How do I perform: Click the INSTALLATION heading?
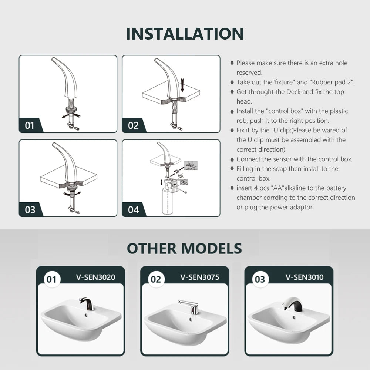(185, 34)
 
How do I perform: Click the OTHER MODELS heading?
(185, 248)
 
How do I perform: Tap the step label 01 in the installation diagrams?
(30, 125)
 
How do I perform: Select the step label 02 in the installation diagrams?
(133, 125)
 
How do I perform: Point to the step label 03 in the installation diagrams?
(30, 210)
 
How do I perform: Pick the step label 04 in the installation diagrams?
(133, 210)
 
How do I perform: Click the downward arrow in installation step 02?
(182, 85)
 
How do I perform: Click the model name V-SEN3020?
(95, 277)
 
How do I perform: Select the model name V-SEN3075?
(200, 277)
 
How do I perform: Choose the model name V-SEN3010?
(305, 277)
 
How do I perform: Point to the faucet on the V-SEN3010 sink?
(292, 304)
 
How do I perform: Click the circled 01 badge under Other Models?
(52, 279)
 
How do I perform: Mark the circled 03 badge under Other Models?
(260, 279)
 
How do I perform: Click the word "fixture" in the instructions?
(284, 82)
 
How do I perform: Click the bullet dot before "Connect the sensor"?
(232, 160)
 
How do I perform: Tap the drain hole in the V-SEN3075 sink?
(190, 320)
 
